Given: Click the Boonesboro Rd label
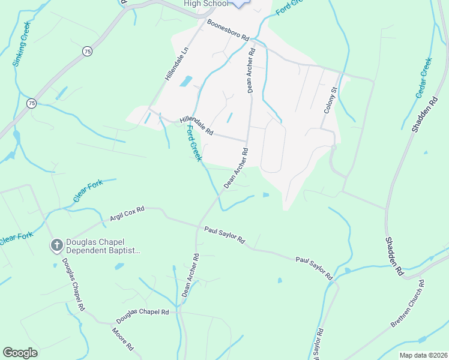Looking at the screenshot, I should pos(228,29).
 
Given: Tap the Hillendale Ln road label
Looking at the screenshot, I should pos(177,65).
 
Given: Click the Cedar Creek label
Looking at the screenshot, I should pos(424,77).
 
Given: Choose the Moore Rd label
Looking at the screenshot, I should pos(122,339).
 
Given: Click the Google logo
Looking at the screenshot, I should pos(20,353).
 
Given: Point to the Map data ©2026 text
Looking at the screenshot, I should pos(423,355).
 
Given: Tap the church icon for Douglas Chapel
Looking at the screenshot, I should pos(56,245).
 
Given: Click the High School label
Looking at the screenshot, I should pos(206,4).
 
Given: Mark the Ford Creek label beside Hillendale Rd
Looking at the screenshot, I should pos(193,142).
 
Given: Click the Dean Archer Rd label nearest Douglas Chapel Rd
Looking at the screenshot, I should pos(190,275).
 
